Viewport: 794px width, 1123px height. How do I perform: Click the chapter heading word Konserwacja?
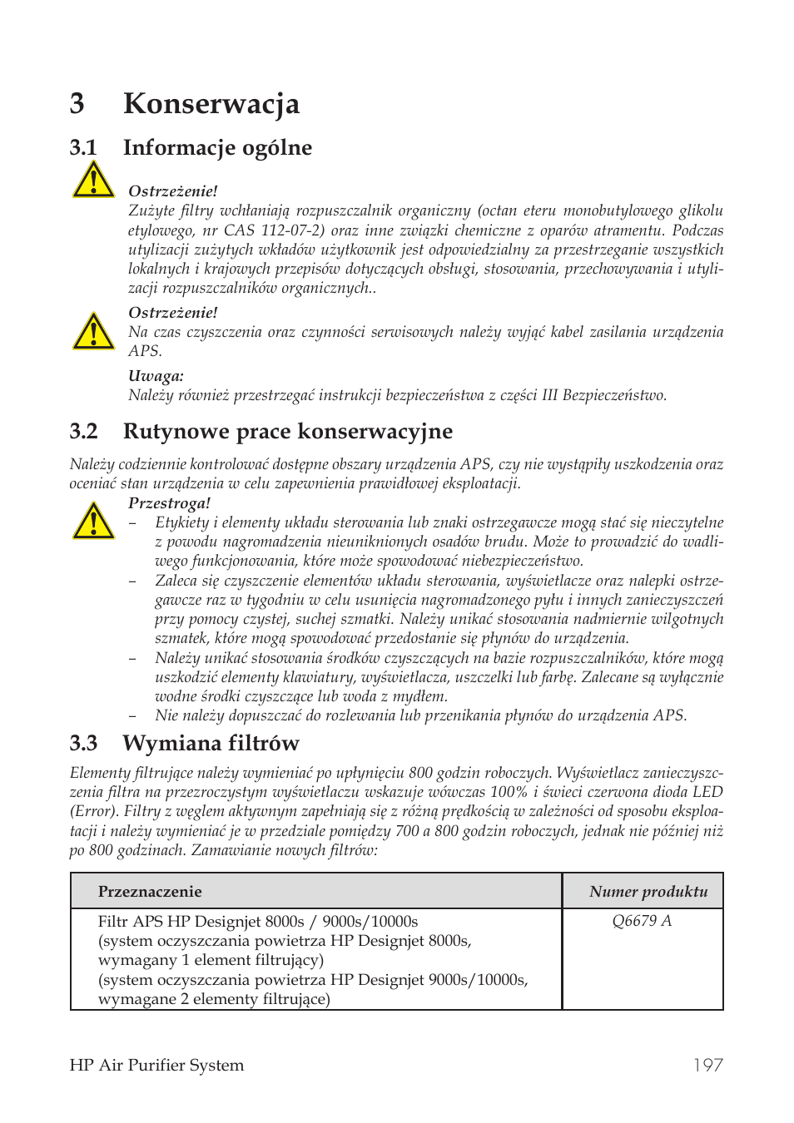[211, 104]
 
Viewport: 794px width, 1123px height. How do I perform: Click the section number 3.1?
[83, 148]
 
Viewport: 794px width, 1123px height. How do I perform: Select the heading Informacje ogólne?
[217, 148]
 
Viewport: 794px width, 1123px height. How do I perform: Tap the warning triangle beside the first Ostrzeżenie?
[93, 180]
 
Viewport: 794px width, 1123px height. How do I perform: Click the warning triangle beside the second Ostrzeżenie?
[93, 331]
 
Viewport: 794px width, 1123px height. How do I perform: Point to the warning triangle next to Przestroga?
[93, 521]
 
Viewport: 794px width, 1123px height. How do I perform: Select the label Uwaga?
[156, 376]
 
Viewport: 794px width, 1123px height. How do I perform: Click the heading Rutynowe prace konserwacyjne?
[288, 431]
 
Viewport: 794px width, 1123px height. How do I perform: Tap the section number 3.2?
[83, 431]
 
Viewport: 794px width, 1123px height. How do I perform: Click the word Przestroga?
[169, 503]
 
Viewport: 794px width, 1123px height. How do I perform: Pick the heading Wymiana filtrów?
[211, 743]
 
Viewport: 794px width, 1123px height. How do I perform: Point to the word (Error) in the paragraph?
[93, 811]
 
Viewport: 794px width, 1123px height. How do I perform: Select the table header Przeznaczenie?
[150, 892]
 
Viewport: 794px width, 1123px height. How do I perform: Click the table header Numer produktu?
[648, 892]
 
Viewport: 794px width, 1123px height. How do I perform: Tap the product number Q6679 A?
[642, 921]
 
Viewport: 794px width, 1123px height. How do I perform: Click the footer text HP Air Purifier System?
[156, 1066]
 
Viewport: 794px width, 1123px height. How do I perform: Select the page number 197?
[707, 1066]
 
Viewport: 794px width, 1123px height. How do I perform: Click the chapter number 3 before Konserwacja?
[77, 104]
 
